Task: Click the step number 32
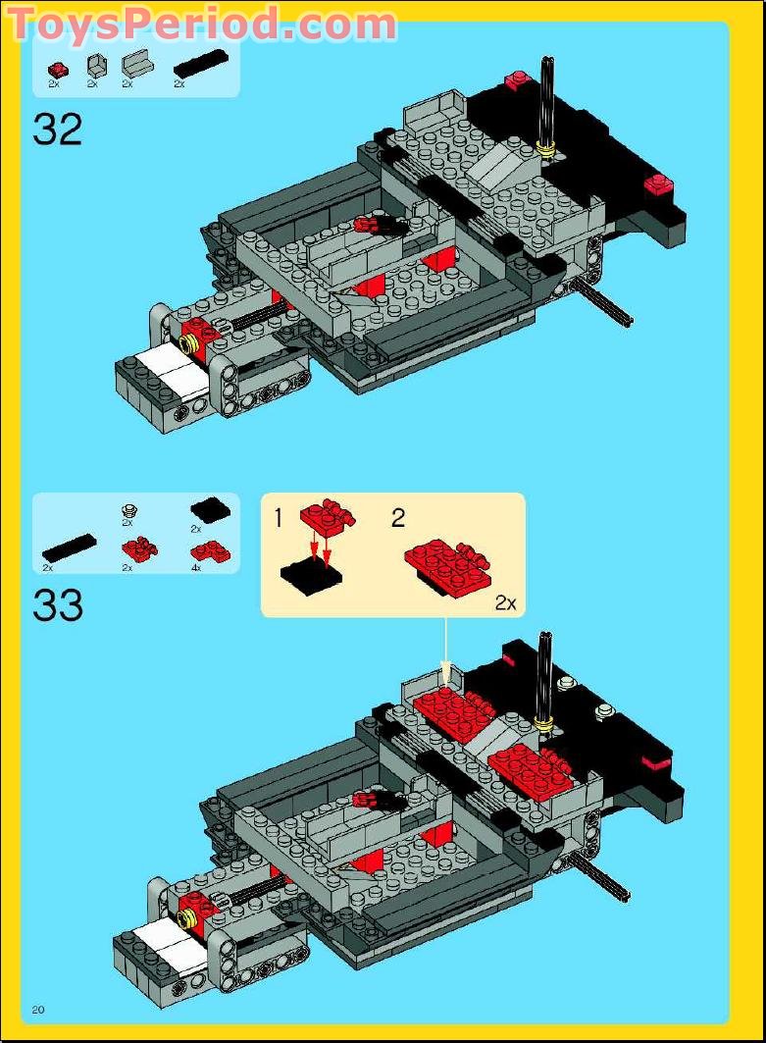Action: click(x=58, y=130)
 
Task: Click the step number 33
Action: click(x=58, y=605)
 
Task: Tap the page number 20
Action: click(x=39, y=1010)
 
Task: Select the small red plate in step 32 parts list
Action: click(x=58, y=69)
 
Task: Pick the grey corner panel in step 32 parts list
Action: click(x=95, y=67)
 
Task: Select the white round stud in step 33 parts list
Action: click(x=128, y=510)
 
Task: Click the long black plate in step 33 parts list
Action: click(x=69, y=548)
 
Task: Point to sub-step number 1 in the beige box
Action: click(x=278, y=518)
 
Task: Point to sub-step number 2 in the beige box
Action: click(x=397, y=518)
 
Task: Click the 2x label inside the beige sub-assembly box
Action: click(x=504, y=603)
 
